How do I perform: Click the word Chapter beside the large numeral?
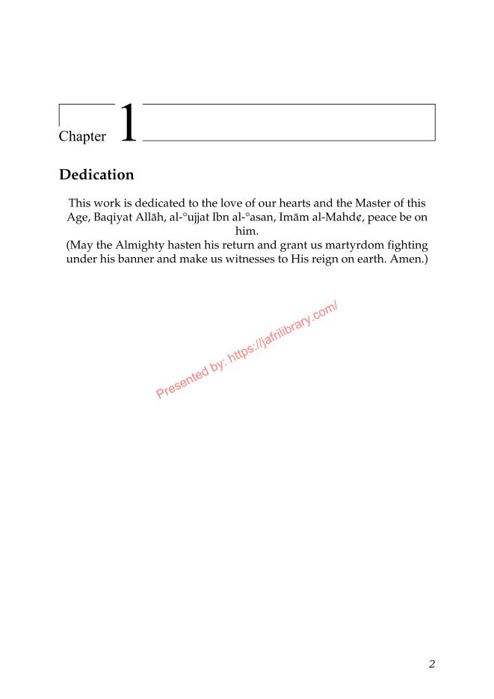pyautogui.click(x=81, y=137)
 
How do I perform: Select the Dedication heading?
pyautogui.click(x=96, y=175)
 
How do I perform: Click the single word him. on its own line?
pyautogui.click(x=247, y=231)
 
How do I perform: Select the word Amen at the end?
pyautogui.click(x=406, y=259)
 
